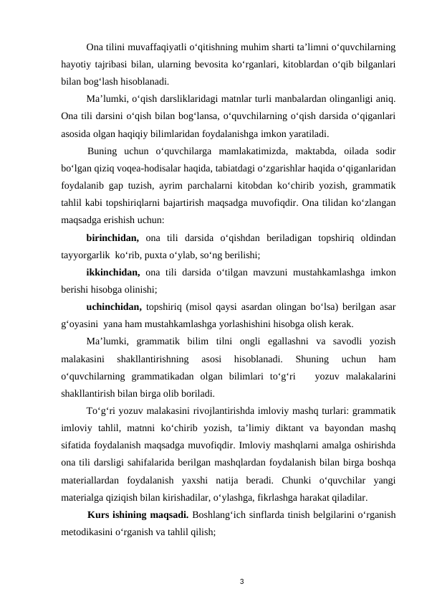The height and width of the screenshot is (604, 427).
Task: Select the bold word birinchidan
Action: (x=112, y=237)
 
